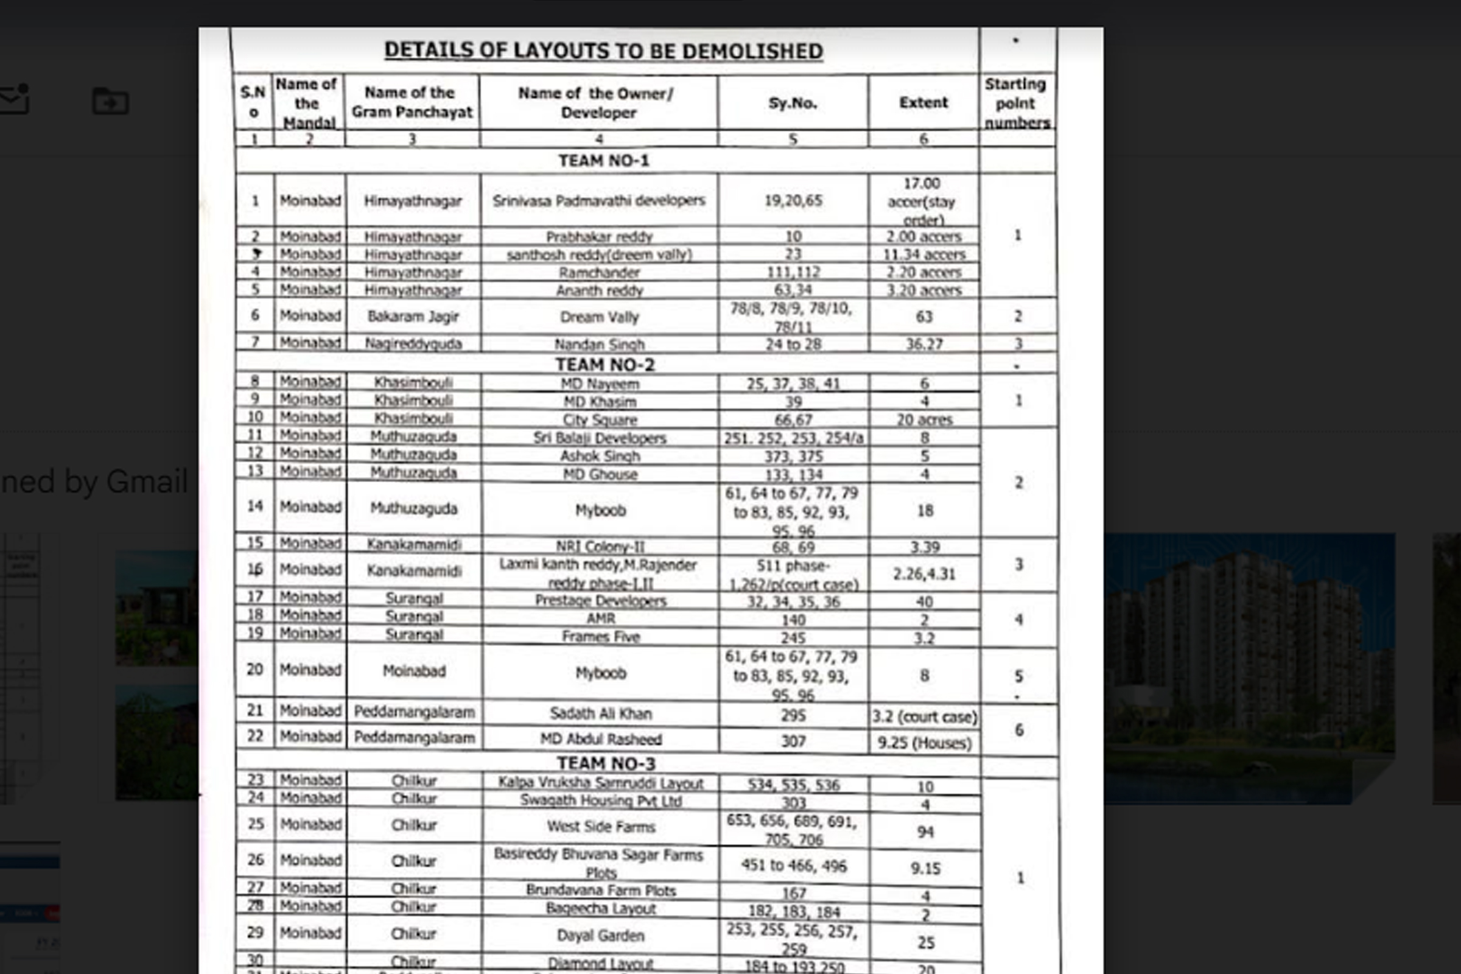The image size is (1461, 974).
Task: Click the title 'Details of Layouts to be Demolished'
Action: pyautogui.click(x=603, y=51)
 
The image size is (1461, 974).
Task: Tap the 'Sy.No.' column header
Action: pyautogui.click(x=793, y=103)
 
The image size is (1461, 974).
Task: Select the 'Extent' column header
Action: pyautogui.click(x=923, y=102)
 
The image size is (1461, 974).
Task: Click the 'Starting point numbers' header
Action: pyautogui.click(x=1016, y=103)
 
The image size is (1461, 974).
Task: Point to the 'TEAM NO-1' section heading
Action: pyautogui.click(x=603, y=161)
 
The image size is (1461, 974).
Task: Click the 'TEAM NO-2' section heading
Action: pyautogui.click(x=604, y=365)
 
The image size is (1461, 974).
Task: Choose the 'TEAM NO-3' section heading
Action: pyautogui.click(x=606, y=763)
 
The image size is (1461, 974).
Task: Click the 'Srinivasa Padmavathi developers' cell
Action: pyautogui.click(x=599, y=201)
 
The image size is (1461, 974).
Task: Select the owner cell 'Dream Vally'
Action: pyautogui.click(x=600, y=317)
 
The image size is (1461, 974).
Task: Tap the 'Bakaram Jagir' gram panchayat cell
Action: pyautogui.click(x=413, y=316)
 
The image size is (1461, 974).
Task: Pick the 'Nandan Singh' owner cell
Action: pyautogui.click(x=600, y=344)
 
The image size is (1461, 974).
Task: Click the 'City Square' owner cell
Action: pyautogui.click(x=600, y=419)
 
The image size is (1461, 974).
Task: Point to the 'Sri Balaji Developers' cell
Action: pyautogui.click(x=600, y=438)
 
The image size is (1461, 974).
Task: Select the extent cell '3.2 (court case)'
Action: pyautogui.click(x=924, y=717)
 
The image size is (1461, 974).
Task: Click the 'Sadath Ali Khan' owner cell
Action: pyautogui.click(x=601, y=713)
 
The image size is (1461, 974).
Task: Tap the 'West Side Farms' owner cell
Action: pyautogui.click(x=601, y=826)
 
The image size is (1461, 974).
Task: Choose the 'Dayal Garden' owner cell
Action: pyautogui.click(x=601, y=936)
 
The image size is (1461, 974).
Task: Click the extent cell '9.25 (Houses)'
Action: pyautogui.click(x=924, y=743)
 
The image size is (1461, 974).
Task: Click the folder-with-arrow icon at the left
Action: pyautogui.click(x=111, y=101)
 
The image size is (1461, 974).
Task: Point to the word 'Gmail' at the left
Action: pyautogui.click(x=146, y=482)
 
